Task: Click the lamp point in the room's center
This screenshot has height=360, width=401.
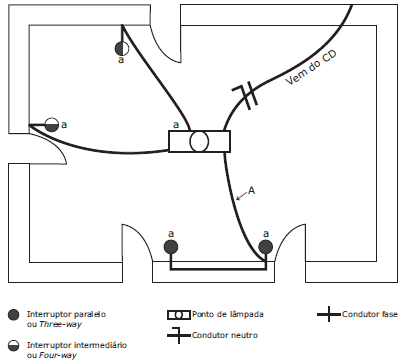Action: [199, 141]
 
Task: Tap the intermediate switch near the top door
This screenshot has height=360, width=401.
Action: [122, 49]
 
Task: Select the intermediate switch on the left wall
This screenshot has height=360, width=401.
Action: [51, 125]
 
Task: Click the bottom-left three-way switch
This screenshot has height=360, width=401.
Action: [171, 247]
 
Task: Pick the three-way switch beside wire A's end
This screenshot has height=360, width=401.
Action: [266, 247]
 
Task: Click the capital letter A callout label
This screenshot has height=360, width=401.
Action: [251, 191]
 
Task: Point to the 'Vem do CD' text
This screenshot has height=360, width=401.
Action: [311, 68]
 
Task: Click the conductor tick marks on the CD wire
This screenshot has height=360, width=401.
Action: [247, 96]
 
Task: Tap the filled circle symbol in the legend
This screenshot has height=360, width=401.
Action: [14, 315]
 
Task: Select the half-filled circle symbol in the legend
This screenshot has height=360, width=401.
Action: [14, 346]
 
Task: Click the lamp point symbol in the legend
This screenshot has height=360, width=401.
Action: [179, 315]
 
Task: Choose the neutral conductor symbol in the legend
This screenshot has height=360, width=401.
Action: [179, 335]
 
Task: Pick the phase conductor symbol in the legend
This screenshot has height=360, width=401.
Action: [329, 314]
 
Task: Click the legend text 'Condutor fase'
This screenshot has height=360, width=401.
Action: [370, 314]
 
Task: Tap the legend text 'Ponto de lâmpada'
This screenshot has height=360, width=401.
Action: [228, 314]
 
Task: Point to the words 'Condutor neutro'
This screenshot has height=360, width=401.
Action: [225, 335]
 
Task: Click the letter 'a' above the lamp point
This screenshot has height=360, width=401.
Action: [176, 125]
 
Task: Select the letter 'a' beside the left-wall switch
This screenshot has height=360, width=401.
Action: [64, 125]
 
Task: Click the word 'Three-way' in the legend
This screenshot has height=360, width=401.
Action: [60, 324]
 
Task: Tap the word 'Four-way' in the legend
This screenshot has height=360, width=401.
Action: [58, 355]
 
